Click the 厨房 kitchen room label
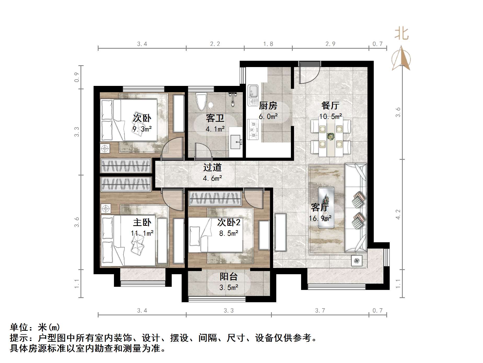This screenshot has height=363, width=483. (x=268, y=106)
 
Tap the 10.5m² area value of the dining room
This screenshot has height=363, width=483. (x=330, y=117)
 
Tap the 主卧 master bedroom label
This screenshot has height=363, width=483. (x=142, y=222)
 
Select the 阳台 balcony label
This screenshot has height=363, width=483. (x=228, y=276)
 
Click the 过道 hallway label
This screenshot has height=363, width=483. (x=212, y=167)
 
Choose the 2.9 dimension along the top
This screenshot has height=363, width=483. (x=330, y=44)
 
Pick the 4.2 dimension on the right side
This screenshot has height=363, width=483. (x=398, y=214)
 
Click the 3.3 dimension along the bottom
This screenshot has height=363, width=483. (x=228, y=311)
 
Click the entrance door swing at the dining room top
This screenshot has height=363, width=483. (x=309, y=73)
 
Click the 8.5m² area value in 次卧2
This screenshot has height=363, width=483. (x=228, y=233)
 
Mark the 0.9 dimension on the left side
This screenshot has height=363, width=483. (x=77, y=77)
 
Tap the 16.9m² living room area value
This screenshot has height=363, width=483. (x=320, y=218)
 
